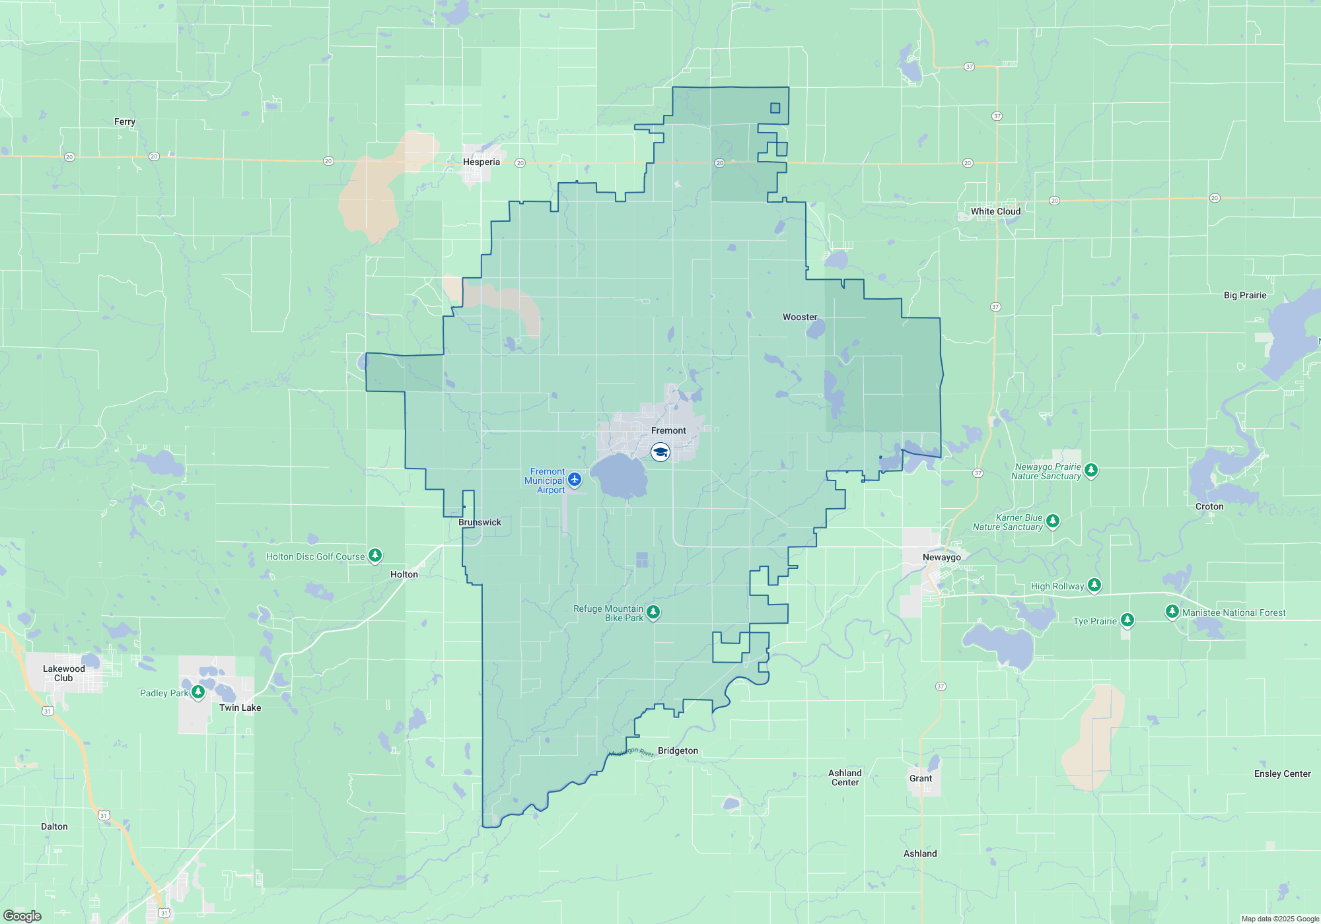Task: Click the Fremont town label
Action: pos(668,430)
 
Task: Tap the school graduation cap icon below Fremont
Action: pos(660,452)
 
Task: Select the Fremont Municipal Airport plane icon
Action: pos(575,479)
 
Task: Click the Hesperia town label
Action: pos(482,162)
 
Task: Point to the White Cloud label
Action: pos(995,211)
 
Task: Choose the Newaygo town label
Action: pos(942,557)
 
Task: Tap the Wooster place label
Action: pos(800,317)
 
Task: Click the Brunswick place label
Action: pos(480,522)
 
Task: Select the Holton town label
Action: pos(404,574)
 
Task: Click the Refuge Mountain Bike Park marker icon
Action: pos(653,612)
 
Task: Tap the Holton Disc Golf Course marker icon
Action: pos(375,555)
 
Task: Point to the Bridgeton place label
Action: pos(678,750)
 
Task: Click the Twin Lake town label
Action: pos(240,708)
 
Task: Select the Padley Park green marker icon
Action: pos(197,692)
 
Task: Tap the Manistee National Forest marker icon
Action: pos(1172,611)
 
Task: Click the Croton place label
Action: pos(1209,506)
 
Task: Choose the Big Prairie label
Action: pos(1245,295)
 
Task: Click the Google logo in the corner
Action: pos(22,916)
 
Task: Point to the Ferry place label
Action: pos(125,121)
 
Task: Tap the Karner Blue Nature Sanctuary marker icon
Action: pos(1053,521)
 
